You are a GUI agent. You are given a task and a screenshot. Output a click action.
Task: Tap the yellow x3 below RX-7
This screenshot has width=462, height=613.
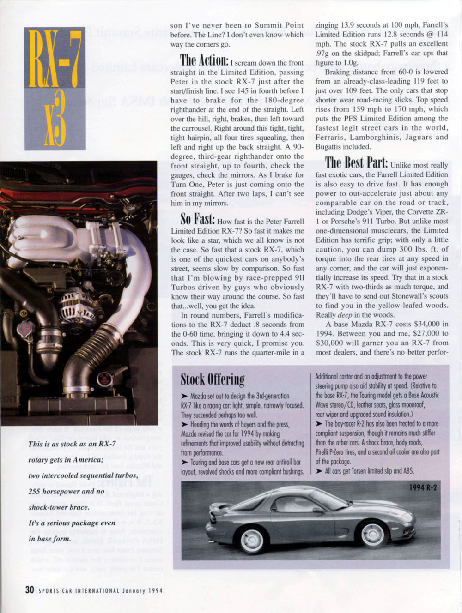click(55, 118)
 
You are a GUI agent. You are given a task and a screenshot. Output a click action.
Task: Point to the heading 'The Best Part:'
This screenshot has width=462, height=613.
click(356, 163)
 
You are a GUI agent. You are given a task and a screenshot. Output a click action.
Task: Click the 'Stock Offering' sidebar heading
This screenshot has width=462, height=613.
click(213, 379)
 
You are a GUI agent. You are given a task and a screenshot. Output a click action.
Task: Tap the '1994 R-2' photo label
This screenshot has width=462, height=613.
click(423, 487)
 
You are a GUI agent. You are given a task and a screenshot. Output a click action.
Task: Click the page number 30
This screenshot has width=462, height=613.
click(30, 589)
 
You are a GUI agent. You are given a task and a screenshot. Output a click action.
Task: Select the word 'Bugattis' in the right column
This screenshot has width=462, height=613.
click(329, 147)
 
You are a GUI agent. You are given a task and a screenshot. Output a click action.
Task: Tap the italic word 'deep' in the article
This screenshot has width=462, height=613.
click(345, 315)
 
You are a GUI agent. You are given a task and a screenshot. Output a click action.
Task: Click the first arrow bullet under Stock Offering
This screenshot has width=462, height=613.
click(184, 396)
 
